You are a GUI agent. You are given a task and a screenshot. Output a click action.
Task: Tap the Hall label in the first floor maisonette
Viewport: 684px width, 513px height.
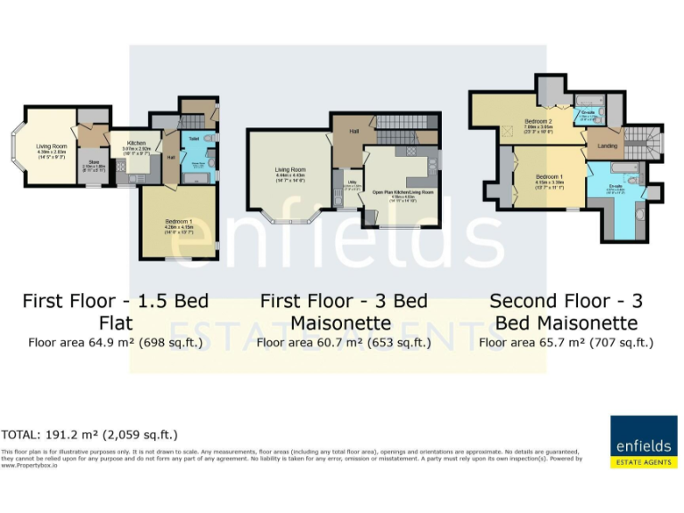pyautogui.click(x=354, y=130)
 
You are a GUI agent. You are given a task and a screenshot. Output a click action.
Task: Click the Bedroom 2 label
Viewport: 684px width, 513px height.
pyautogui.click(x=538, y=121)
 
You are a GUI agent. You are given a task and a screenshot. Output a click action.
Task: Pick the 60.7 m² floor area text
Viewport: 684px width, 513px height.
pyautogui.click(x=342, y=340)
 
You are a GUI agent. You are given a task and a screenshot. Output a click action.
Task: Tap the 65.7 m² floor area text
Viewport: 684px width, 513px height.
pyautogui.click(x=566, y=340)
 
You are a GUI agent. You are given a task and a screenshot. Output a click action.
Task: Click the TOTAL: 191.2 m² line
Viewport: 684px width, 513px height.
pyautogui.click(x=89, y=435)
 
